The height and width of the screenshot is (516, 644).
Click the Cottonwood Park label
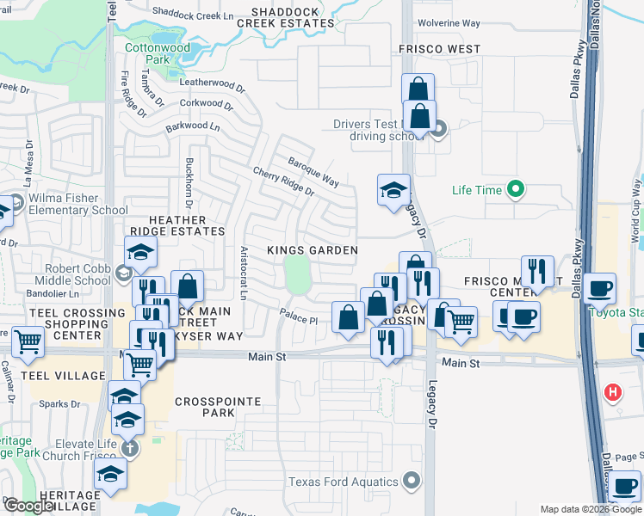(147, 54)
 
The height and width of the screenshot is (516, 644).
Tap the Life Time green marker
(516, 188)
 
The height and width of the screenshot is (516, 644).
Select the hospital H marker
(612, 393)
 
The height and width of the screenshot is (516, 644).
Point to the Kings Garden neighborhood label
(312, 250)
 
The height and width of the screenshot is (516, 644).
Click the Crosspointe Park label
(205, 407)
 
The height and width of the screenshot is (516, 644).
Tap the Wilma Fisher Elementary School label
(77, 204)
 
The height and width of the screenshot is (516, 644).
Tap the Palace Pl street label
(298, 317)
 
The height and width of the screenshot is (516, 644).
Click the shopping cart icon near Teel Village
(28, 341)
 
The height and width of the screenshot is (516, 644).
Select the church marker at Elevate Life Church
(129, 448)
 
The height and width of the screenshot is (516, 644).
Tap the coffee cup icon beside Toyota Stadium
(599, 288)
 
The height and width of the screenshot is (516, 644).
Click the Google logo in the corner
(28, 506)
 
